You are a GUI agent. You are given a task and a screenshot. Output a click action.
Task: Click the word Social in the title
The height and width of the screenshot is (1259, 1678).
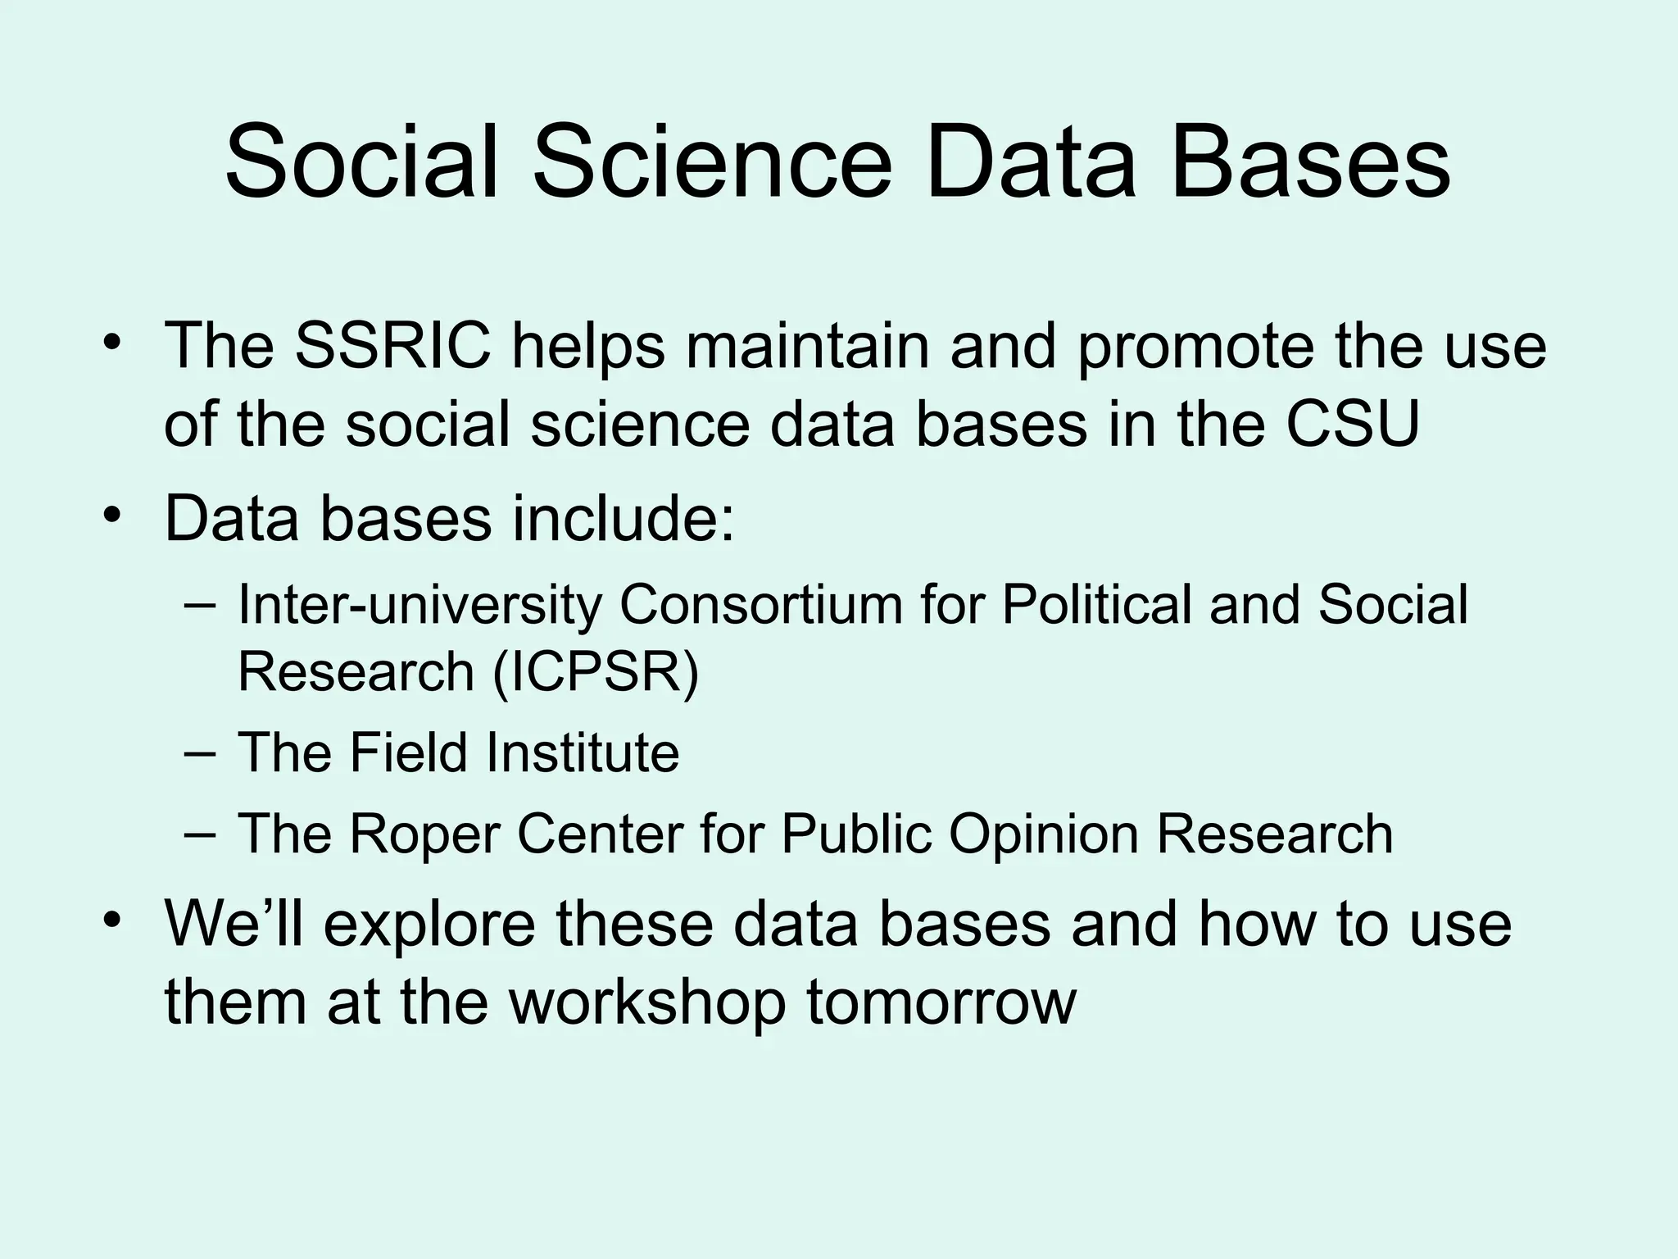tap(361, 161)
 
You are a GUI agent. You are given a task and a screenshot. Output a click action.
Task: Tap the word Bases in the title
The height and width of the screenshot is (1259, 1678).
tap(1310, 161)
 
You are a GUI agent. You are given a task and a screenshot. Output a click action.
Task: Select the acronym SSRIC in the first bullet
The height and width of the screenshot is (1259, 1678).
tap(392, 345)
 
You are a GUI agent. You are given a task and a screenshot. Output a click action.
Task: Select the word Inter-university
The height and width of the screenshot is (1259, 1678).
tap(419, 607)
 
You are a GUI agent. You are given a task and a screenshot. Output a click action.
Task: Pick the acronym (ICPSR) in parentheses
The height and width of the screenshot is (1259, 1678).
tap(596, 672)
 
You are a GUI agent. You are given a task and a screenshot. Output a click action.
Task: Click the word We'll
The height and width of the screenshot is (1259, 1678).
tap(234, 924)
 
